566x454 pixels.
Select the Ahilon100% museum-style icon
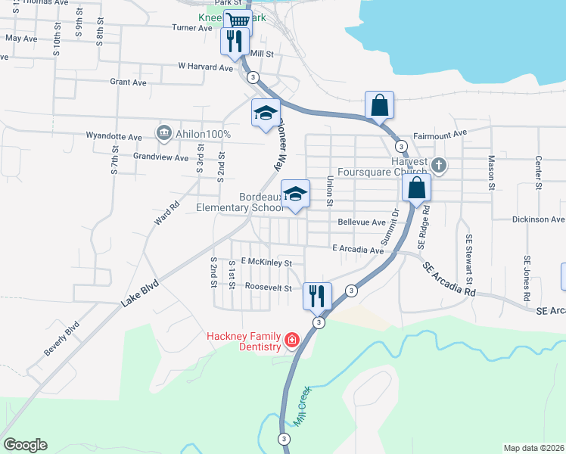(x=163, y=134)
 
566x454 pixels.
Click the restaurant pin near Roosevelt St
(x=317, y=294)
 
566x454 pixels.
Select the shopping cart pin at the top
(x=238, y=21)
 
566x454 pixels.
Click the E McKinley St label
(x=266, y=263)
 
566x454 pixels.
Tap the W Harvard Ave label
(x=206, y=67)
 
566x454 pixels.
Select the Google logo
(x=25, y=445)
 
